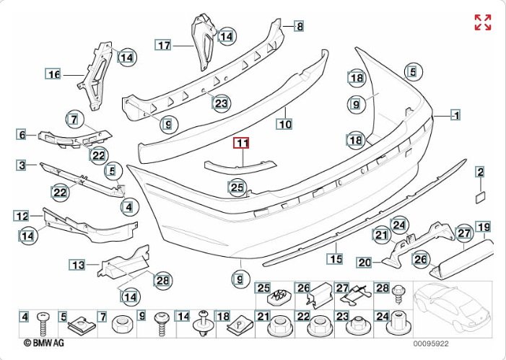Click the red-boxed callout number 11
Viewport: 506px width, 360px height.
(240, 143)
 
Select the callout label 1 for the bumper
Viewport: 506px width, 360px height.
(456, 115)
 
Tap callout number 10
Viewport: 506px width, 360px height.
(286, 124)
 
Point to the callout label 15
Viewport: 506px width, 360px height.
(335, 258)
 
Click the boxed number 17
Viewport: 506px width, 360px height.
(164, 45)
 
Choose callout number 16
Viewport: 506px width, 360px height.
(53, 74)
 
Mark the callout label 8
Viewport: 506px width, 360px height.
(299, 26)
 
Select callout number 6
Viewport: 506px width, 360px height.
(22, 134)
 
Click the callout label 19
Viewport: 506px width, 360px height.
(483, 227)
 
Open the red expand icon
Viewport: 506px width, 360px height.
(483, 22)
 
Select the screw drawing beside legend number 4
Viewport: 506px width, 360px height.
(43, 325)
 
